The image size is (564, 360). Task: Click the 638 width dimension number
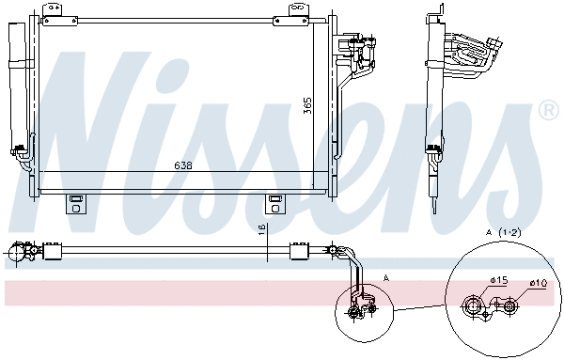pos(184,166)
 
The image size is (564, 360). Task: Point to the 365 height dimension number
pos(306,106)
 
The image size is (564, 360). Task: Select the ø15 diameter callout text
pos(497,280)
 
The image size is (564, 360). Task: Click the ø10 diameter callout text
pos(538,283)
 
